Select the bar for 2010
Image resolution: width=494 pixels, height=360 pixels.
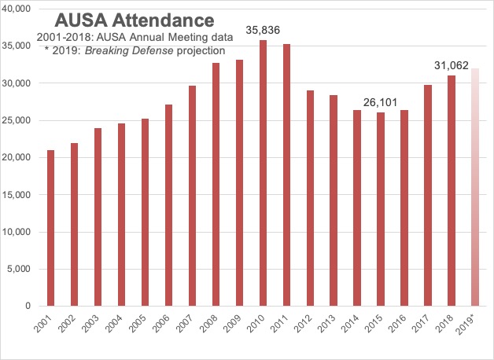pyautogui.click(x=264, y=173)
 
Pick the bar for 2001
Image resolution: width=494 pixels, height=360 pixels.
pyautogui.click(x=51, y=228)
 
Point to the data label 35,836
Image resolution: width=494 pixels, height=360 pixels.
pyautogui.click(x=264, y=30)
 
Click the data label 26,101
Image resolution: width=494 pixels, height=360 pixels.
pyautogui.click(x=381, y=102)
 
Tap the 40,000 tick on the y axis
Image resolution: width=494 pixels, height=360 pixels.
pyautogui.click(x=17, y=9)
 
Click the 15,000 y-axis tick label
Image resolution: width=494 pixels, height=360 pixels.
pyautogui.click(x=17, y=195)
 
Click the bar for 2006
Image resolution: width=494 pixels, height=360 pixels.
pyautogui.click(x=169, y=205)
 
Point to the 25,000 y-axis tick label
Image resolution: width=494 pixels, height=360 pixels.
pyautogui.click(x=17, y=120)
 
